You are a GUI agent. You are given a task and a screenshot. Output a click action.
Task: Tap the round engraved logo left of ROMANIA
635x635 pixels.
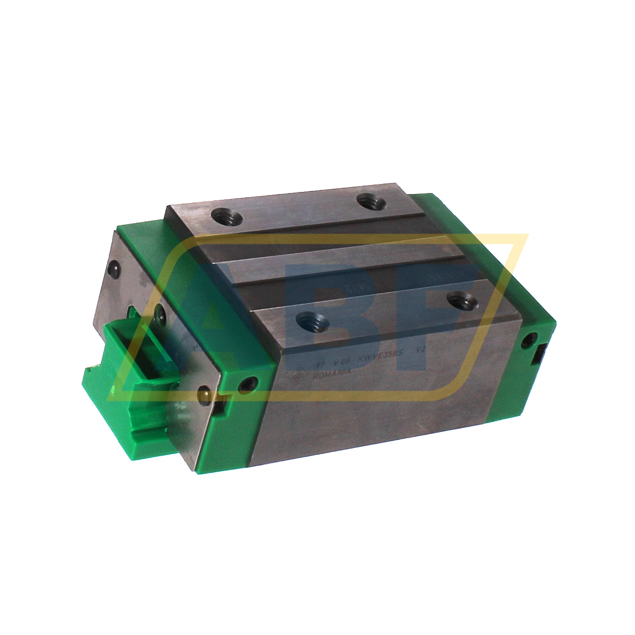pyautogui.click(x=303, y=376)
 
